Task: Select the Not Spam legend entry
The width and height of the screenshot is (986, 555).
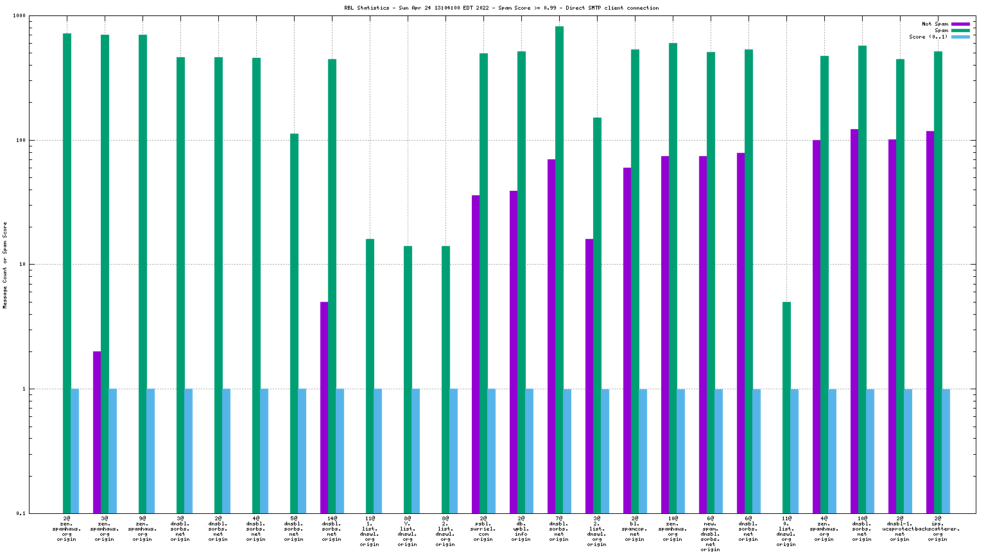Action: (x=935, y=24)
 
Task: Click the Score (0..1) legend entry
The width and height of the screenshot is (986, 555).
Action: (x=928, y=37)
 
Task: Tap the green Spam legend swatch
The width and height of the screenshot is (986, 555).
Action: (x=960, y=30)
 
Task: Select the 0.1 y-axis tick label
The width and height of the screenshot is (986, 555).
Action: (x=39, y=513)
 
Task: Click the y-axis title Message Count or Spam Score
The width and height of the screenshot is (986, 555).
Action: (x=5, y=265)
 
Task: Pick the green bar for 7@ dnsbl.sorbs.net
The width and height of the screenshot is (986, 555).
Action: (x=559, y=270)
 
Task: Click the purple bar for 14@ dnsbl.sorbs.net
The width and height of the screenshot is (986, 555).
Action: (x=324, y=407)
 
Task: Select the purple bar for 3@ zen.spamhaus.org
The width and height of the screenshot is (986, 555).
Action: (x=97, y=432)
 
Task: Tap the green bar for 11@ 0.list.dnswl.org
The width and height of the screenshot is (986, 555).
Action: (x=786, y=407)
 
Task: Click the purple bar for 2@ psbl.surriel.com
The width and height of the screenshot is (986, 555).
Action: (x=476, y=354)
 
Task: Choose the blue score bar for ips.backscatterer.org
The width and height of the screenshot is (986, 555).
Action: (x=946, y=450)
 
